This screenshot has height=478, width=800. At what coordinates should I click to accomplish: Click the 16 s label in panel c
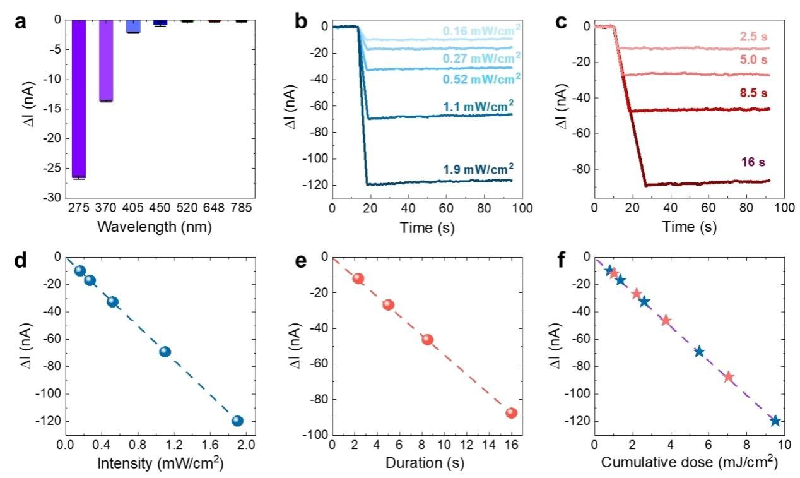(x=753, y=163)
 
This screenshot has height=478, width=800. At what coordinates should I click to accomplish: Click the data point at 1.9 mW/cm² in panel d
(x=237, y=421)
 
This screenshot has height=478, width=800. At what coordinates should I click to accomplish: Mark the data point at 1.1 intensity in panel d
(x=165, y=352)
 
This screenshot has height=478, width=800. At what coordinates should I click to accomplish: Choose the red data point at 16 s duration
(x=511, y=413)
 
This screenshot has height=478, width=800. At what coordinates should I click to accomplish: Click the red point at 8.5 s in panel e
(x=427, y=339)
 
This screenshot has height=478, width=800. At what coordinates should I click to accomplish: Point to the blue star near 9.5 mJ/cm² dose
(x=775, y=421)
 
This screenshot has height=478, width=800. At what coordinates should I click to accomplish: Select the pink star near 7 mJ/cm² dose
(x=728, y=377)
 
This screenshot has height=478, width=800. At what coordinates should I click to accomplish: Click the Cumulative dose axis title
(x=689, y=463)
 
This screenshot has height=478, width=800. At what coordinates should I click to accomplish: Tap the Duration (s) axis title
(x=423, y=463)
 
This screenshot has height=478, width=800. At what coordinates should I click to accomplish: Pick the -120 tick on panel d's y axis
(x=49, y=421)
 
